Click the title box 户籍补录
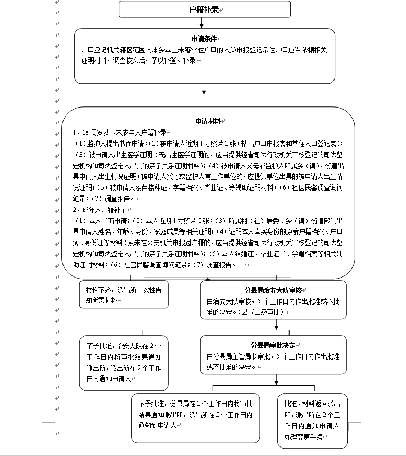(204, 10)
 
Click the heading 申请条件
(204, 39)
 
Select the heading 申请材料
(208, 121)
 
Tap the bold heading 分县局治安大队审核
(273, 290)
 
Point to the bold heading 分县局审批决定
(273, 345)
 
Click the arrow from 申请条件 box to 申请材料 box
(204, 94)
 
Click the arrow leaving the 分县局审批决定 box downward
(276, 379)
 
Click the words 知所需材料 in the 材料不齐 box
(102, 300)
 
